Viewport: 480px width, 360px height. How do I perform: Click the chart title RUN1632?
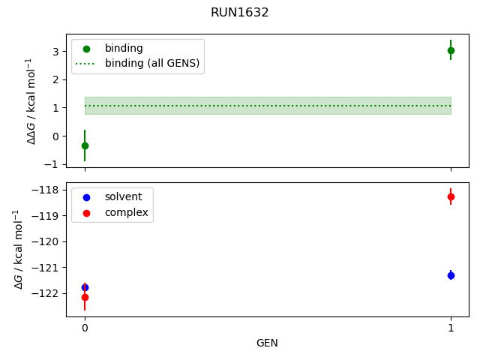[x=240, y=13]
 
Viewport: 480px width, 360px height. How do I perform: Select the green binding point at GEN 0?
[x=85, y=145]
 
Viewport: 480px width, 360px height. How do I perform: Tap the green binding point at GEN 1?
[x=451, y=50]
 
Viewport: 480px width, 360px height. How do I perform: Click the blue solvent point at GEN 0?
[x=85, y=287]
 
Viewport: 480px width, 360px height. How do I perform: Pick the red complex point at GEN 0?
[x=85, y=297]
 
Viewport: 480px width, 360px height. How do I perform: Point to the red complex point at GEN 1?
[x=451, y=196]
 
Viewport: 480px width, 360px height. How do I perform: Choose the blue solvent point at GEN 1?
[x=451, y=275]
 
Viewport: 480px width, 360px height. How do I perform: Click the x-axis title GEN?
[x=267, y=343]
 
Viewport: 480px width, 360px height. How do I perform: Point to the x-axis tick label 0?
[x=85, y=328]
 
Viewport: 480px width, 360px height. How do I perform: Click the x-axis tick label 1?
[x=451, y=328]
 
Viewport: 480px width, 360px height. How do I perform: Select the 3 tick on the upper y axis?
[x=55, y=51]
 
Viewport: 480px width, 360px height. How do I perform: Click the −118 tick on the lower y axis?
[x=49, y=190]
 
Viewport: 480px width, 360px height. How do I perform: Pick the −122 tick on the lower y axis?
[x=49, y=293]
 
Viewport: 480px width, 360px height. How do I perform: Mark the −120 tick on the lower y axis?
[x=49, y=242]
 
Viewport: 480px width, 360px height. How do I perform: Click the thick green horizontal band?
[x=268, y=106]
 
